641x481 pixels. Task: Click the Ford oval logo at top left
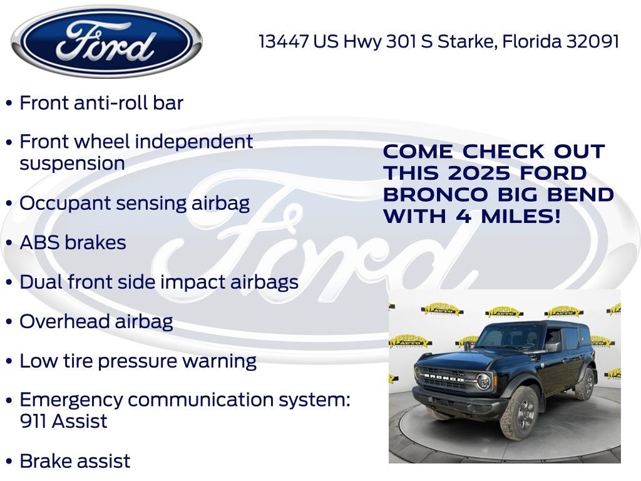(106, 42)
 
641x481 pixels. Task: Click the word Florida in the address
(531, 41)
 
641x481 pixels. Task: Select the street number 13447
(284, 41)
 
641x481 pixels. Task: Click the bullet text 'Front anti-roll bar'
(101, 103)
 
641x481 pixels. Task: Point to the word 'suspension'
(72, 163)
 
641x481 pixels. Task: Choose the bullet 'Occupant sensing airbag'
(135, 203)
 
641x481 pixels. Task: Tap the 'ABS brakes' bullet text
(73, 242)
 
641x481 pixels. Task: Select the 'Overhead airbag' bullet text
(96, 321)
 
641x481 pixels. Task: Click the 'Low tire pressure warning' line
(138, 361)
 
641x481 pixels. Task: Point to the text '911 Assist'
(63, 421)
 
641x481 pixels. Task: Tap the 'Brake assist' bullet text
(75, 461)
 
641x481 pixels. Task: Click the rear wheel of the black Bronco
(585, 383)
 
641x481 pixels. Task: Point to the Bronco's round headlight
(483, 380)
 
